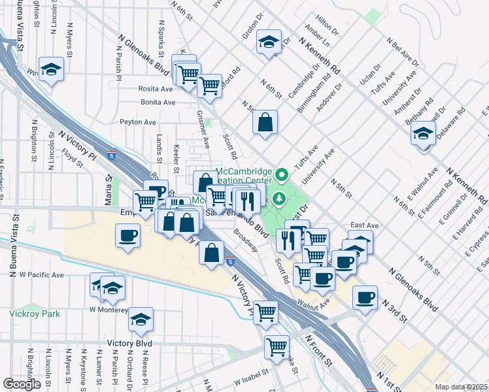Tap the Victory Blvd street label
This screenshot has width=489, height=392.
coord(134,343)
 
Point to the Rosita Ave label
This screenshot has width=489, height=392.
coord(154,88)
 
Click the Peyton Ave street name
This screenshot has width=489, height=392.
coord(137,122)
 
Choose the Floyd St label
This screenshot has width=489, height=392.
coord(70,156)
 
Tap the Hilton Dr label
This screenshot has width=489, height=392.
coord(327,27)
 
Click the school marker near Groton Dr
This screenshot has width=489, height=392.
coord(268,42)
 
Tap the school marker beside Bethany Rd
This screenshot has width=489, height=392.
coord(423,135)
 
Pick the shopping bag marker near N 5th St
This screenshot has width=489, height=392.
coord(265,122)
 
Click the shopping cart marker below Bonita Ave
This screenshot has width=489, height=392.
coord(209,85)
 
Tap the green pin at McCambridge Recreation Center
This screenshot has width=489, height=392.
coord(282,174)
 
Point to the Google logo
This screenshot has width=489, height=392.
coord(22,384)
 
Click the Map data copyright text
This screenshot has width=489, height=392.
coord(461,387)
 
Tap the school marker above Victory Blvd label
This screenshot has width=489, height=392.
coord(141,319)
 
